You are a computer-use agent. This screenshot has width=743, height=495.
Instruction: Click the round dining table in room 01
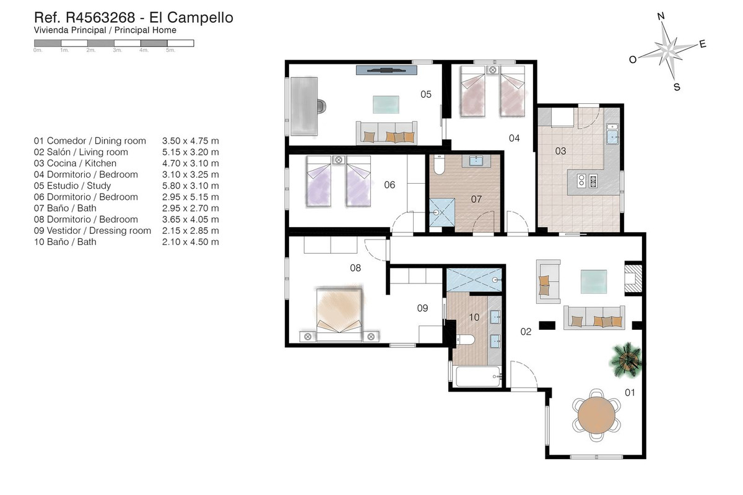click(596, 415)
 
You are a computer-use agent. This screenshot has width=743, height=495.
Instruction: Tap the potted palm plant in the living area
click(626, 360)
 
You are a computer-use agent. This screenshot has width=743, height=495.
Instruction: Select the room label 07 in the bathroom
click(476, 199)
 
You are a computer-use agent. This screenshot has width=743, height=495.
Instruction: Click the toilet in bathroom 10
click(466, 340)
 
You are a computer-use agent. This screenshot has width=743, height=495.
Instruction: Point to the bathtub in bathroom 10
click(478, 376)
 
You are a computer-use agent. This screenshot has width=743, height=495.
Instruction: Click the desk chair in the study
click(321, 106)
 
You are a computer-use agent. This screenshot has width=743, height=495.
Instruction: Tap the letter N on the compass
click(661, 16)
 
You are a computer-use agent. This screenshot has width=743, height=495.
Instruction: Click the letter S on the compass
click(677, 87)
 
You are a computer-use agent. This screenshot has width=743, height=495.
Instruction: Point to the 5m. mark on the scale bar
click(170, 50)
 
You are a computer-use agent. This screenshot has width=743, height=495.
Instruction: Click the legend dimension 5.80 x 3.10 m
click(191, 186)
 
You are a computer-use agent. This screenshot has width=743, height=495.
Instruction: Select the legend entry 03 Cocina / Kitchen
click(76, 163)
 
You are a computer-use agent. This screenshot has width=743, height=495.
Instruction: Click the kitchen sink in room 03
click(612, 134)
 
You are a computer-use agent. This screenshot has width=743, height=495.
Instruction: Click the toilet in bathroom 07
click(439, 165)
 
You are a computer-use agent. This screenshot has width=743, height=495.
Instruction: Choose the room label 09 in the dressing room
click(422, 308)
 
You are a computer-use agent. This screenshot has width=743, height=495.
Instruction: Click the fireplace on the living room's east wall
click(633, 278)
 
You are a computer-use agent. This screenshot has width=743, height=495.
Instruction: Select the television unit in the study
click(386, 70)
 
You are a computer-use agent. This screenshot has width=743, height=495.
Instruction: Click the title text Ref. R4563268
click(85, 17)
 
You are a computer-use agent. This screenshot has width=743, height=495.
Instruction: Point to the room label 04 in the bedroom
click(514, 138)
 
